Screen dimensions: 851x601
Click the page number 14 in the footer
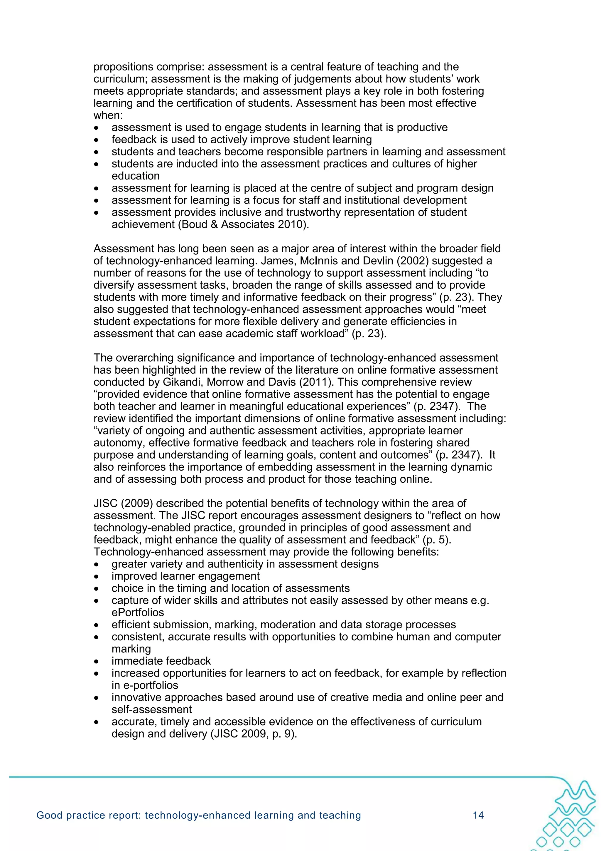pos(478,815)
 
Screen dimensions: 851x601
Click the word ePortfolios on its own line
pos(138,612)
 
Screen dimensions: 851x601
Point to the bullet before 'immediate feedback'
pos(96,661)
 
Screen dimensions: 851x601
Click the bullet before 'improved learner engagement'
pos(96,576)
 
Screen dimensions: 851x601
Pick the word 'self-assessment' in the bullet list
pos(152,709)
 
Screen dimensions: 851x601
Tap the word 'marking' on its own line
pos(131,649)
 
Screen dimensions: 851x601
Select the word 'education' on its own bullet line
pos(136,176)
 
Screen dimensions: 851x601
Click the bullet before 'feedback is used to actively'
pos(96,140)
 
